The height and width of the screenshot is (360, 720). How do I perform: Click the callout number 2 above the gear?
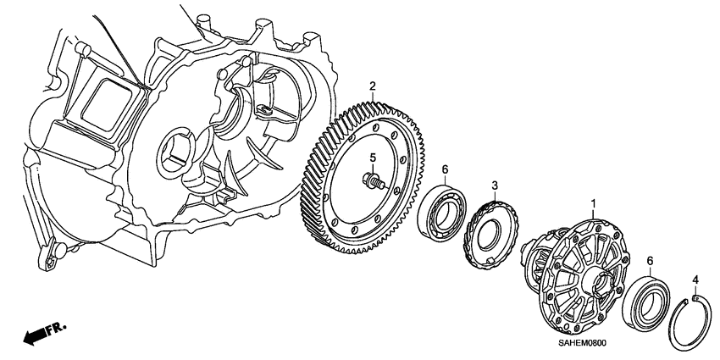pos(371,86)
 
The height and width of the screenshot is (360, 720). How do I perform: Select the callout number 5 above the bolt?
pos(370,158)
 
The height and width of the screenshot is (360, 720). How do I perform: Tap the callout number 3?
pos(496,185)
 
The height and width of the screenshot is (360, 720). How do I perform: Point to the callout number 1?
pos(593,204)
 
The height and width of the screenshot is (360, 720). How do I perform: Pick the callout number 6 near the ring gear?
pos(444,169)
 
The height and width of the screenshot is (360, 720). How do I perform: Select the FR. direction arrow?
pos(34,338)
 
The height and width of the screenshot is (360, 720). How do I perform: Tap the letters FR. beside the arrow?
pos(57,326)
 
